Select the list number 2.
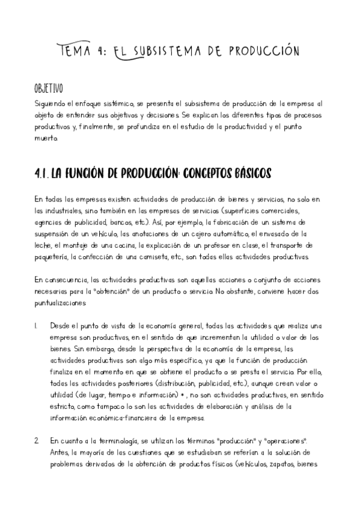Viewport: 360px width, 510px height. point(37,440)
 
